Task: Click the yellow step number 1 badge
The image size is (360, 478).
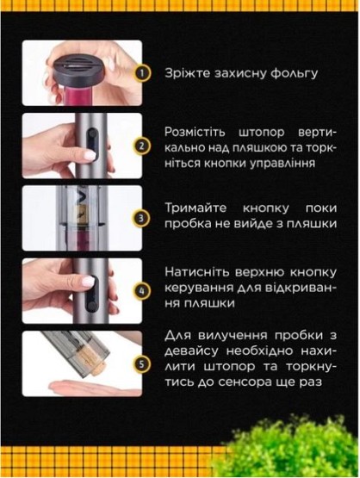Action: (x=142, y=73)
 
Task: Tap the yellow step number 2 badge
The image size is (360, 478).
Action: (x=142, y=146)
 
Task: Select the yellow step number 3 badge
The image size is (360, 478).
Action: (x=142, y=218)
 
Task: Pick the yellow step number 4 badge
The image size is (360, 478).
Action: (x=142, y=291)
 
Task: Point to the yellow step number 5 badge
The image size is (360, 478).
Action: (x=142, y=363)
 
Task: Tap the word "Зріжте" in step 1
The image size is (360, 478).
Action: (x=187, y=73)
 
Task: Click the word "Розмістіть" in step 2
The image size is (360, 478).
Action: (x=196, y=133)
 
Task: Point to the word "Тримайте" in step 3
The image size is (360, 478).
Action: (x=196, y=208)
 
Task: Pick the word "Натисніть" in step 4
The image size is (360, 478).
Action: (x=197, y=272)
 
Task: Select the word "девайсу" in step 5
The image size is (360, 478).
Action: (x=192, y=351)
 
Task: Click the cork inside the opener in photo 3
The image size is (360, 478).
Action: (x=81, y=214)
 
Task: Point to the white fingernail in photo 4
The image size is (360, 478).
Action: (x=89, y=281)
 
